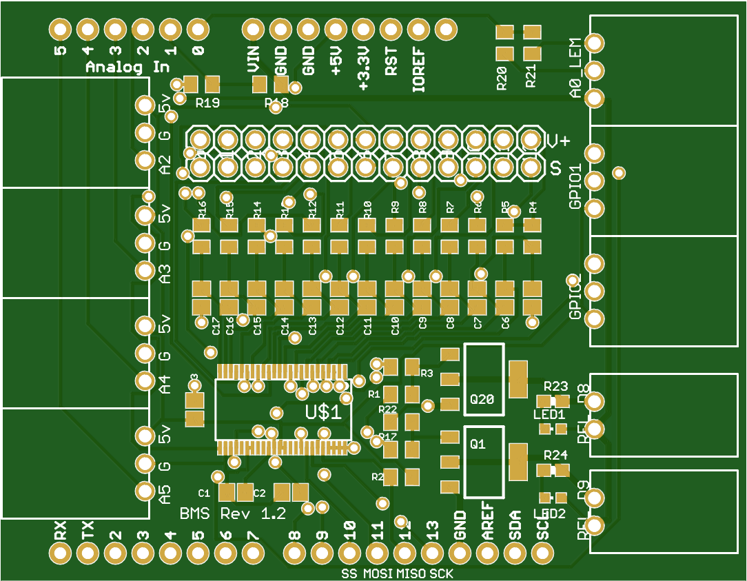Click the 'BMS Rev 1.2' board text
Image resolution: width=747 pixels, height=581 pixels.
click(232, 514)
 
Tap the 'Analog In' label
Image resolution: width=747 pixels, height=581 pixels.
click(127, 68)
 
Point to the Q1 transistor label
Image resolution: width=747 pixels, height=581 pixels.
click(478, 445)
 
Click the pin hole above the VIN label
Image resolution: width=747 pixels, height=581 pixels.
click(254, 30)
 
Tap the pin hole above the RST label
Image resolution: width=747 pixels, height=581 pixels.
click(391, 30)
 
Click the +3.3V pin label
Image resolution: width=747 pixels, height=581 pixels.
click(364, 69)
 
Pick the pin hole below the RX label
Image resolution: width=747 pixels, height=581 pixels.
click(61, 552)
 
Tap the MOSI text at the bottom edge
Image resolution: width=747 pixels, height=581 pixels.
click(378, 574)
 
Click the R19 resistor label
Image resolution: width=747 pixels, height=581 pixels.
click(207, 103)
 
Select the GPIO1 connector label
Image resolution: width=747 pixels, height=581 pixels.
click(576, 186)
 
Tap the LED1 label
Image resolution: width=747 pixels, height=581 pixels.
click(549, 414)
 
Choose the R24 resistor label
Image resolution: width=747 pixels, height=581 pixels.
click(555, 455)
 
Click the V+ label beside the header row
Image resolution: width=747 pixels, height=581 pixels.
click(558, 141)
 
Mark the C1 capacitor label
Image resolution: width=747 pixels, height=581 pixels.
click(204, 493)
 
